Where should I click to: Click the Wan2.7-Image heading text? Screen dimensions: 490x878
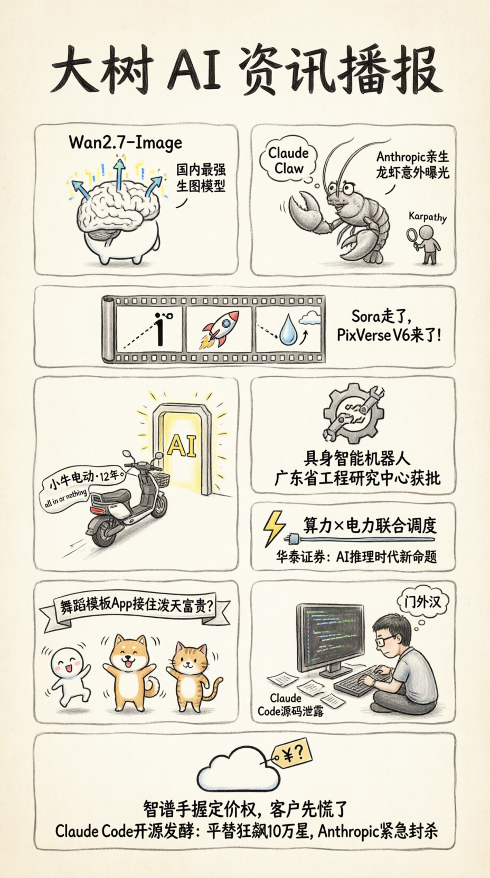125,143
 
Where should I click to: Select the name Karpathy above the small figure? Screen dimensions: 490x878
428,217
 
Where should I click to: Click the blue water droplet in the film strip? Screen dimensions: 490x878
286,329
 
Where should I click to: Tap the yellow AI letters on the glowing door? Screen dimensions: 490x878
181,445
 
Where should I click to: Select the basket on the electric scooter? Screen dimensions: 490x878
161,480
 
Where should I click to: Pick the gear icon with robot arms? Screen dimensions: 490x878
353,413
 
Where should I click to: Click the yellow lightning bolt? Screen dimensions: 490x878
274,528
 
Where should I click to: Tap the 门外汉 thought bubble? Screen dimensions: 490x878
422,602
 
